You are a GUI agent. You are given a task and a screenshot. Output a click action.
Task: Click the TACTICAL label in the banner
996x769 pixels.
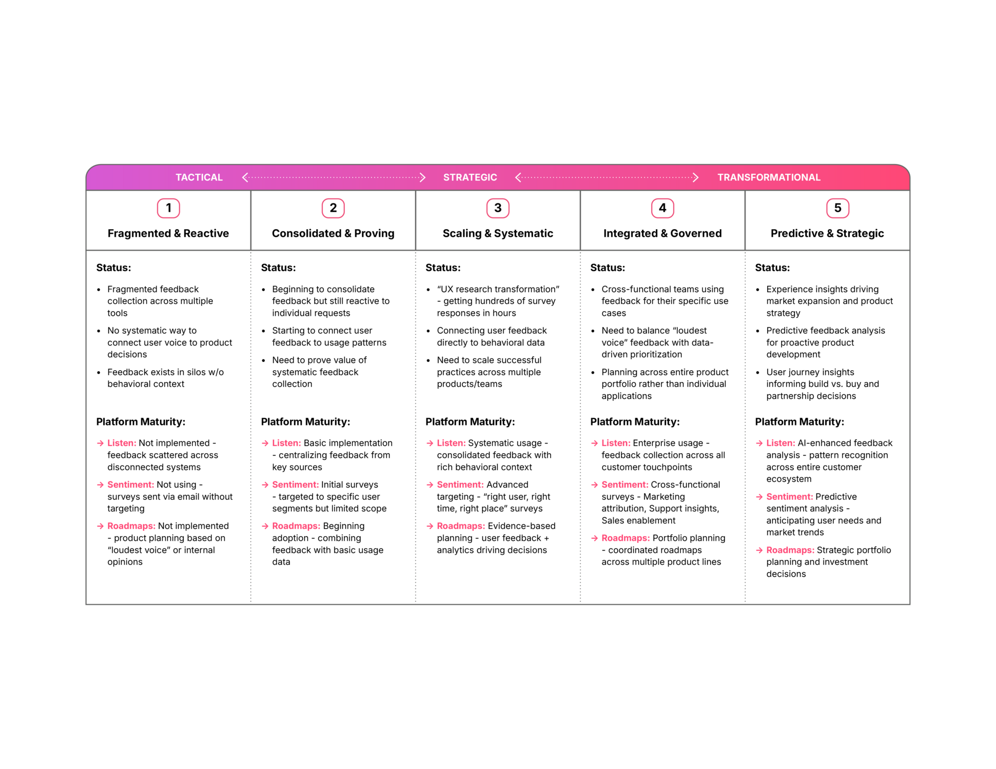[199, 177]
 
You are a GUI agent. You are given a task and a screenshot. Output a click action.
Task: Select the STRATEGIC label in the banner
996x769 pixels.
[470, 177]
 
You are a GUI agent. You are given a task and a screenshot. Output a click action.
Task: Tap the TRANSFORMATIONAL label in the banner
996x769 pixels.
[769, 177]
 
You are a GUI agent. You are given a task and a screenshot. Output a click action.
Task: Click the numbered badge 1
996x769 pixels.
[168, 208]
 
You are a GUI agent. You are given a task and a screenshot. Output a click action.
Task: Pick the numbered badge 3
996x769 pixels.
[498, 208]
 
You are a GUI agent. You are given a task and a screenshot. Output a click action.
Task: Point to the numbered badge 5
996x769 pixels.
[837, 208]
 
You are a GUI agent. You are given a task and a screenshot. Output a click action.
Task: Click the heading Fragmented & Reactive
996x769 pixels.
[168, 233]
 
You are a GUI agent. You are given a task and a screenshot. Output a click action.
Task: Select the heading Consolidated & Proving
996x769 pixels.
[333, 233]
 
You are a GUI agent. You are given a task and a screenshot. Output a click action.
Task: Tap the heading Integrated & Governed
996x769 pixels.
[662, 233]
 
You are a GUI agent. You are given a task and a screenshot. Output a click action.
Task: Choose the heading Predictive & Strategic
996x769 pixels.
[827, 233]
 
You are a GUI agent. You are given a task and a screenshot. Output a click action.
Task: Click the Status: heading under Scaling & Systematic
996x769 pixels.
[443, 268]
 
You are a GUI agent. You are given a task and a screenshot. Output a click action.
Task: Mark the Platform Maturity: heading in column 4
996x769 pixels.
[635, 421]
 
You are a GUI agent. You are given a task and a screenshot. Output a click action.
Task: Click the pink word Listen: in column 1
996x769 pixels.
[122, 443]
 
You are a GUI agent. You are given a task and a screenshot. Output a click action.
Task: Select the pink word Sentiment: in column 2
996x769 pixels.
[295, 484]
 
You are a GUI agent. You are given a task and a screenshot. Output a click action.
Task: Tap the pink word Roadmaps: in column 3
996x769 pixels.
[460, 526]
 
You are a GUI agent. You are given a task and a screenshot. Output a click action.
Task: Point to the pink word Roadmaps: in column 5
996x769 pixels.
[790, 550]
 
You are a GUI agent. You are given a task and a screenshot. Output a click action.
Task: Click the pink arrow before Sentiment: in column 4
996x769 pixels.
[594, 484]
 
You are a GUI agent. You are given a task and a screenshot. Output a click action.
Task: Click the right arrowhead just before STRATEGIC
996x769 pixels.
[422, 177]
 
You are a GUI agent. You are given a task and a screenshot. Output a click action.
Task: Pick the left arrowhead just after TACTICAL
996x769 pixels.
[245, 177]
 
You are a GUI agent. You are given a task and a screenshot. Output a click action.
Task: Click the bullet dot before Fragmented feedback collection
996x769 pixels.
[99, 290]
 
